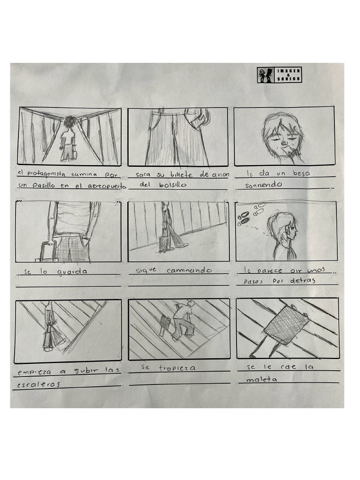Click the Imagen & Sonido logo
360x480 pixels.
tap(279, 75)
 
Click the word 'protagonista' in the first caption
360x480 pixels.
tap(47, 174)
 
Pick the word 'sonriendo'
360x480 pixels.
tap(264, 185)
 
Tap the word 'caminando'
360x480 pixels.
tap(189, 270)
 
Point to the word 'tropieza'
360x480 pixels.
tap(177, 368)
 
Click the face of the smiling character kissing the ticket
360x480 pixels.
tap(280, 134)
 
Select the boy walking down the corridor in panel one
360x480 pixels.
tap(68, 138)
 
